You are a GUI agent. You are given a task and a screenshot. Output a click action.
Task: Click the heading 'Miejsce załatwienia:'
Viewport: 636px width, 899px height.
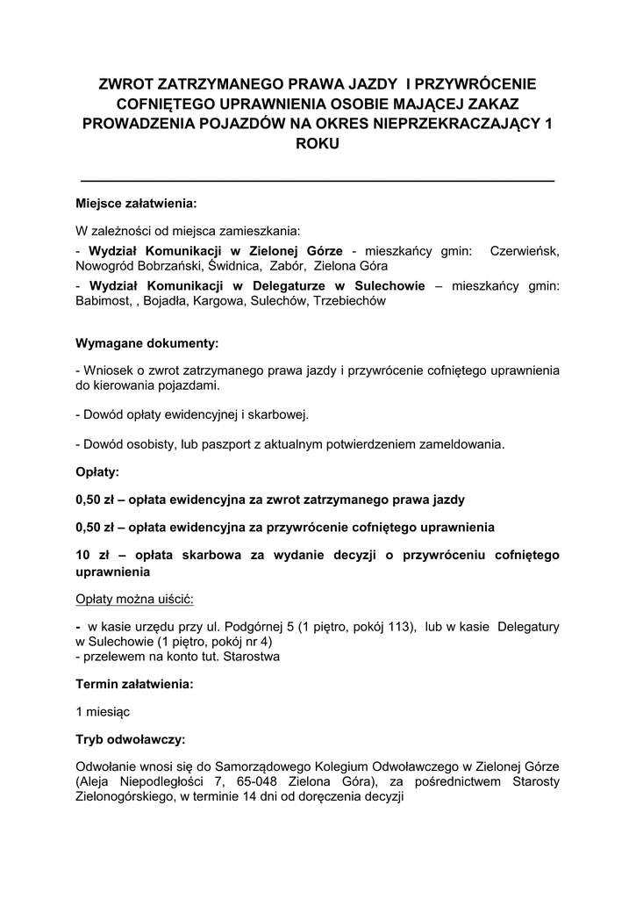[136, 203]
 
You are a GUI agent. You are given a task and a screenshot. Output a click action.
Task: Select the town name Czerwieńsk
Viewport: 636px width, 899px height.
[524, 250]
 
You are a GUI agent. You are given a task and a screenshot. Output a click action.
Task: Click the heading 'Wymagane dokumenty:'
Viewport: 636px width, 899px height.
[147, 342]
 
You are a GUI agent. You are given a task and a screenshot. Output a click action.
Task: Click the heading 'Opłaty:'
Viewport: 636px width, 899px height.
[97, 471]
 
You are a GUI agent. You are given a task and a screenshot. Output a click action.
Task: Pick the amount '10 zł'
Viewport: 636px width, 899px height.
[92, 556]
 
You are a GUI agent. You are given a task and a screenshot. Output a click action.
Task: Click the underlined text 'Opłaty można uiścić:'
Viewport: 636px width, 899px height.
[135, 599]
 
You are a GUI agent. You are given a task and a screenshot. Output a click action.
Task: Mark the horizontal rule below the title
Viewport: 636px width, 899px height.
[318, 180]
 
